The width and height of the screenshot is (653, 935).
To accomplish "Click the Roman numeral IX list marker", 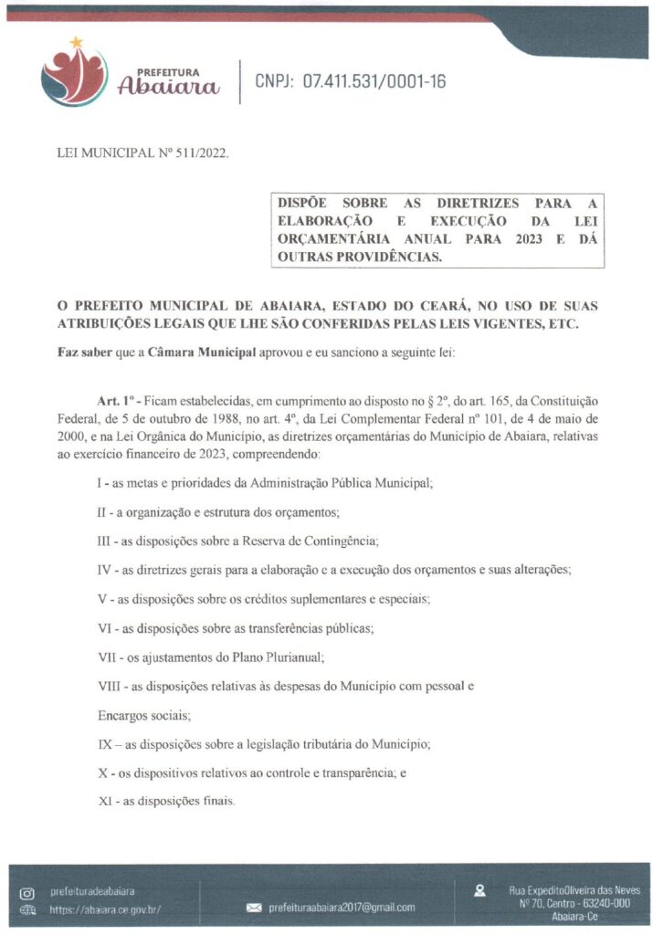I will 106,744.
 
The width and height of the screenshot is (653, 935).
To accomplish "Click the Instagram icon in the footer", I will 26,891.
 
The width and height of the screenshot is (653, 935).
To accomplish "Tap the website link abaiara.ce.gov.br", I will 105,909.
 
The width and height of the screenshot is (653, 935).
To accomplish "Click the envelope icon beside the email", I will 254,908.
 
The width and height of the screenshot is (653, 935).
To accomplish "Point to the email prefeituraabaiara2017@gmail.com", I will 342,908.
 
